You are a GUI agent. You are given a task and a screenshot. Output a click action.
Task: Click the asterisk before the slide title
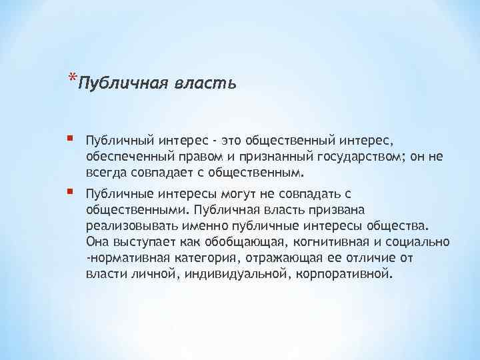tap(71, 79)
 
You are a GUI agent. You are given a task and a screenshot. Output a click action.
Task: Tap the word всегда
tap(104, 173)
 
